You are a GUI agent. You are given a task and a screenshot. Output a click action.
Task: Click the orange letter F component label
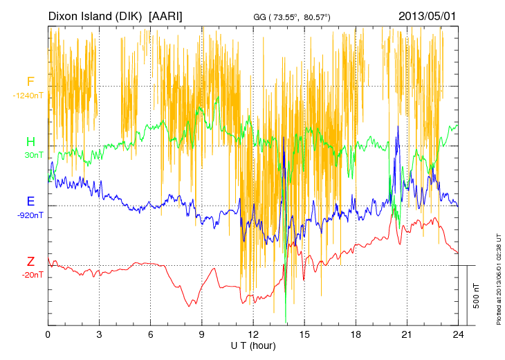click(30, 82)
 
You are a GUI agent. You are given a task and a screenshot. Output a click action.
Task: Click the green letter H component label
click(30, 142)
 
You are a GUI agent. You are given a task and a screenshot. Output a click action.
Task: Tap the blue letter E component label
click(30, 201)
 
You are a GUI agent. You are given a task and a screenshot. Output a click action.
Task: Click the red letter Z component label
click(30, 262)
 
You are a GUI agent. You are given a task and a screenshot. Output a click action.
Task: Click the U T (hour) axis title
click(253, 345)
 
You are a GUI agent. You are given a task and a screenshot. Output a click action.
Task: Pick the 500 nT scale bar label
click(477, 296)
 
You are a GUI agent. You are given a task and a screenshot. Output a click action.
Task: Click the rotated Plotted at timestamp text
click(498, 277)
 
